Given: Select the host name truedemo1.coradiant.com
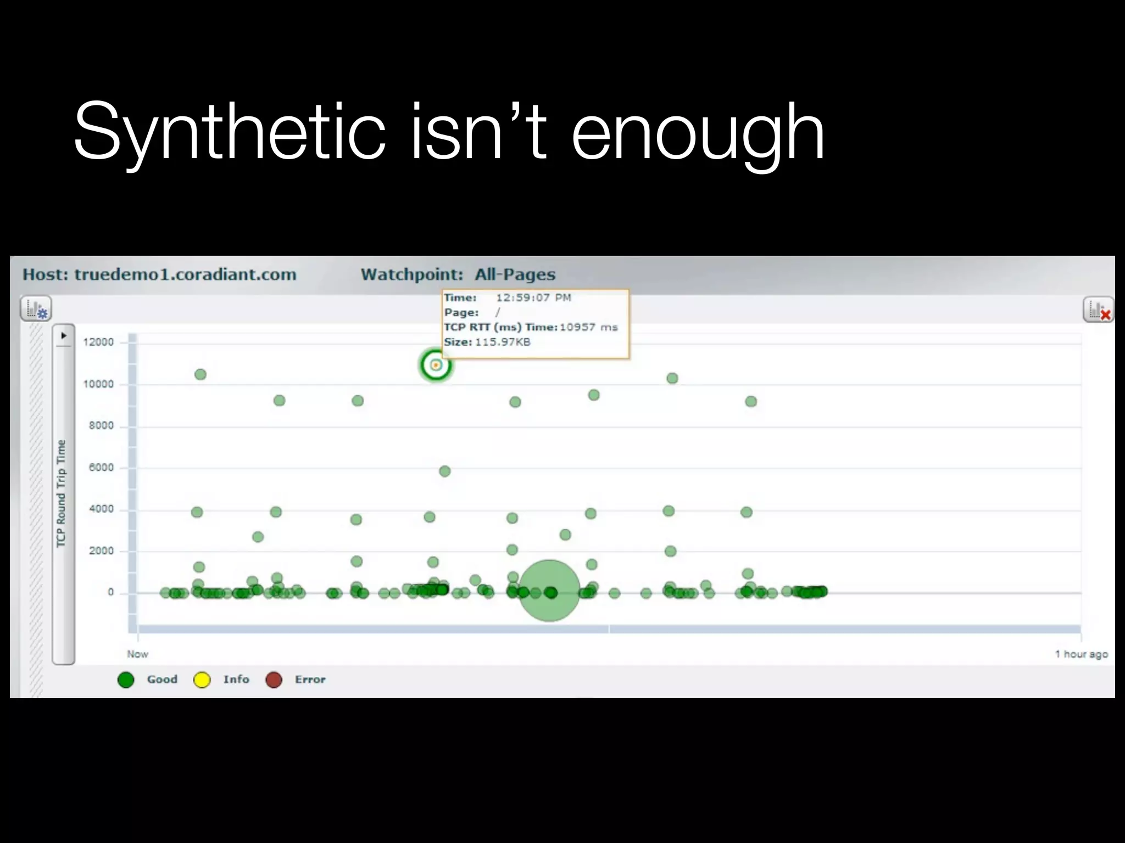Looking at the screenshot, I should (185, 274).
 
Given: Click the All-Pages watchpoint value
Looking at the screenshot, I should (515, 274).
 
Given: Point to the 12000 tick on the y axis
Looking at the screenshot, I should (98, 342).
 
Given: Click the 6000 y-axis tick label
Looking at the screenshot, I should (101, 468).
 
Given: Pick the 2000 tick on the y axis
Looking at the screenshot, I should (101, 551).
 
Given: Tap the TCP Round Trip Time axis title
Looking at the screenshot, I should (61, 493).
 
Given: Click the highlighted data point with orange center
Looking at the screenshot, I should (436, 365).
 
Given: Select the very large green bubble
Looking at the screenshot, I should (549, 591).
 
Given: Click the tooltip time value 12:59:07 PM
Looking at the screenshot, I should (533, 298).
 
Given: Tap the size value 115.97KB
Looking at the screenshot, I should (503, 342).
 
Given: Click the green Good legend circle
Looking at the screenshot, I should (126, 680).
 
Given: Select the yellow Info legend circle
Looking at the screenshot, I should (202, 680).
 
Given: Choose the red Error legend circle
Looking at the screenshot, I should (274, 680).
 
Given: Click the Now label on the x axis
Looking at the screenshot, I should (137, 654).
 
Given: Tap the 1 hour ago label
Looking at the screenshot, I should (1081, 654).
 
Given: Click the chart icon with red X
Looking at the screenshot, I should (1098, 310).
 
